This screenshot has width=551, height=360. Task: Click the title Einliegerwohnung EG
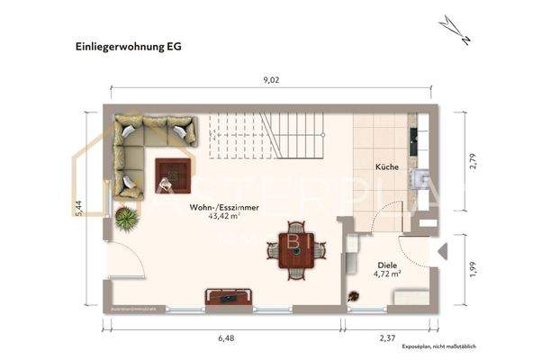click(122, 45)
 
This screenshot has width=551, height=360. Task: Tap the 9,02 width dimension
click(271, 80)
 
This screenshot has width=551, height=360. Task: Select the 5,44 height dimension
click(80, 206)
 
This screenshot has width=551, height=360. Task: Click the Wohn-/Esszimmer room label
click(224, 207)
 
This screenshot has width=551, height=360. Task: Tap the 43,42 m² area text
click(224, 217)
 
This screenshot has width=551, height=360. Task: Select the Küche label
click(387, 167)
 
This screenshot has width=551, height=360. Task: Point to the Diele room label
click(388, 265)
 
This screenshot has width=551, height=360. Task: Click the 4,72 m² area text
click(388, 274)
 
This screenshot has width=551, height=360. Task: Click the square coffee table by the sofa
click(172, 173)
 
